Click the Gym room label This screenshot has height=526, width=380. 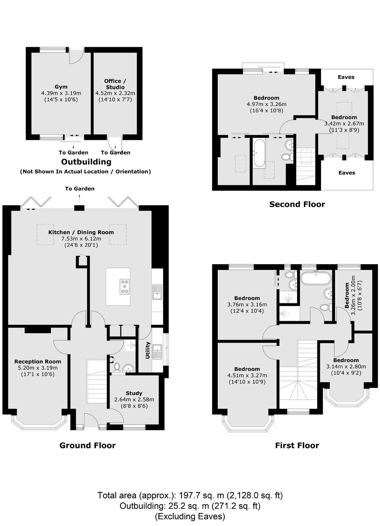click(x=61, y=87)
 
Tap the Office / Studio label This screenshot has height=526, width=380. click(x=115, y=84)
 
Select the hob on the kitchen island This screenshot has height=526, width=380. click(x=125, y=286)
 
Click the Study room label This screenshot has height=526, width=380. click(x=134, y=393)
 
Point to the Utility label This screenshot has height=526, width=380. click(x=148, y=350)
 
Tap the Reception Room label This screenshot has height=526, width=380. click(x=38, y=362)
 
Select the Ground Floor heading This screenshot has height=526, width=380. click(x=88, y=445)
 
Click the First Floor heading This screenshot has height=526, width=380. click(x=297, y=445)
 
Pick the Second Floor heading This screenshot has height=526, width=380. click(x=297, y=204)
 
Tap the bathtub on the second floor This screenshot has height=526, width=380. click(x=259, y=153)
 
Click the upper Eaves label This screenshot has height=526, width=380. click(x=346, y=77)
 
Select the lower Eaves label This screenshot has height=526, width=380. click(x=346, y=173)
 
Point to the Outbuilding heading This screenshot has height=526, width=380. click(x=86, y=162)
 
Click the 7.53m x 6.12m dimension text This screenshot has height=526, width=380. click(x=81, y=239)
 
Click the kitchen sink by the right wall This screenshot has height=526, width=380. click(x=157, y=292)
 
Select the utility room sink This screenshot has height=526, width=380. click(x=157, y=351)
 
